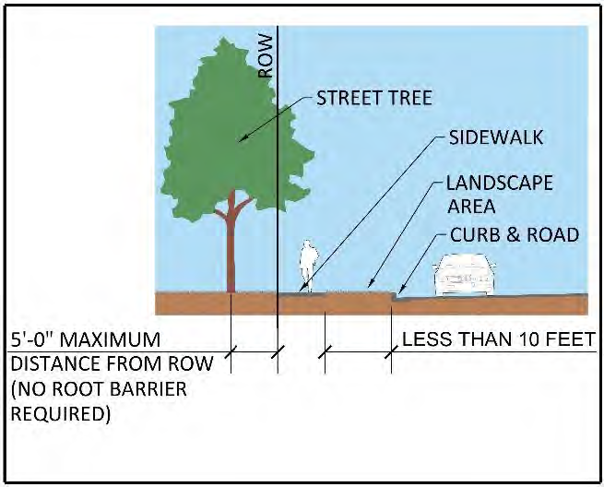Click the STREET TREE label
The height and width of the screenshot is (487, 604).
point(373,98)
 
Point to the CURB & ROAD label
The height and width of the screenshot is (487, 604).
point(514,235)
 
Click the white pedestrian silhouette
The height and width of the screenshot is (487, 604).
point(308,267)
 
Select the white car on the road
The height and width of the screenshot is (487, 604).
point(466,273)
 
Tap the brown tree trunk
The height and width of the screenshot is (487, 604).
point(231,249)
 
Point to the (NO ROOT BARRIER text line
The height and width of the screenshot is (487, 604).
point(98,388)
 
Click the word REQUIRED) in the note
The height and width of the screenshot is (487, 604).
point(61,413)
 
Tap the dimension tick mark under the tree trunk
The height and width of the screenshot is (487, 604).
point(231,351)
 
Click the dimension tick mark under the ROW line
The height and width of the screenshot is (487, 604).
point(278,351)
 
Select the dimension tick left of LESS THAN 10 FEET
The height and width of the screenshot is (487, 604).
point(391,351)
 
